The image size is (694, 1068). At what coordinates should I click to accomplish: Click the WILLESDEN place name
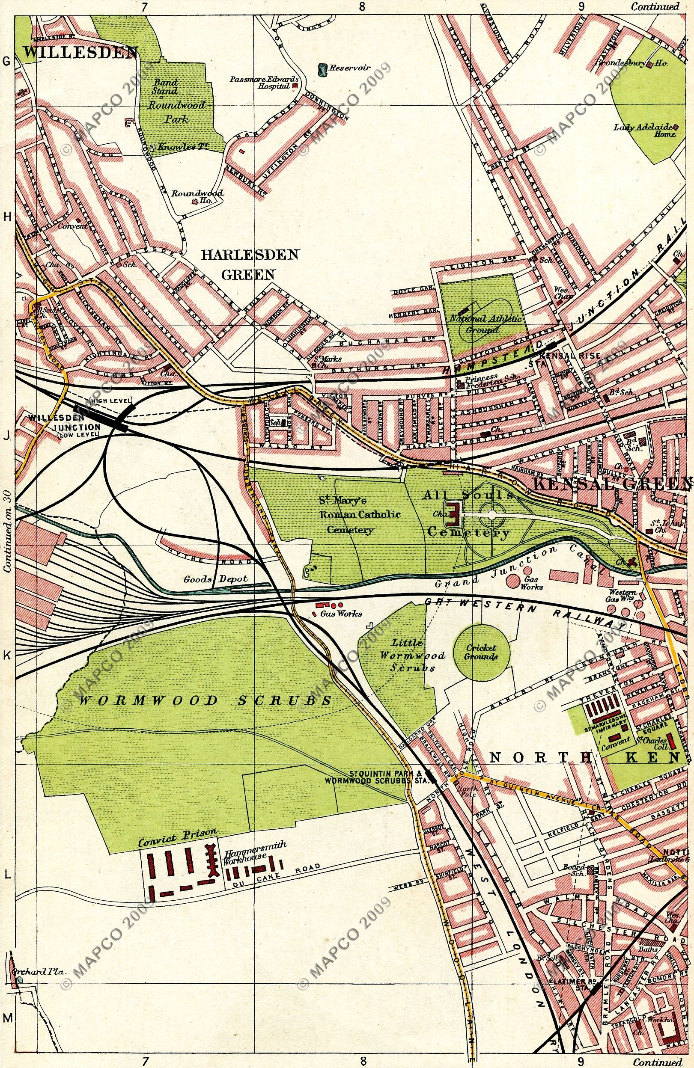(80, 53)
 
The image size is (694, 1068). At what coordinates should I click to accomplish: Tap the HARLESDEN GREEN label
(249, 264)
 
